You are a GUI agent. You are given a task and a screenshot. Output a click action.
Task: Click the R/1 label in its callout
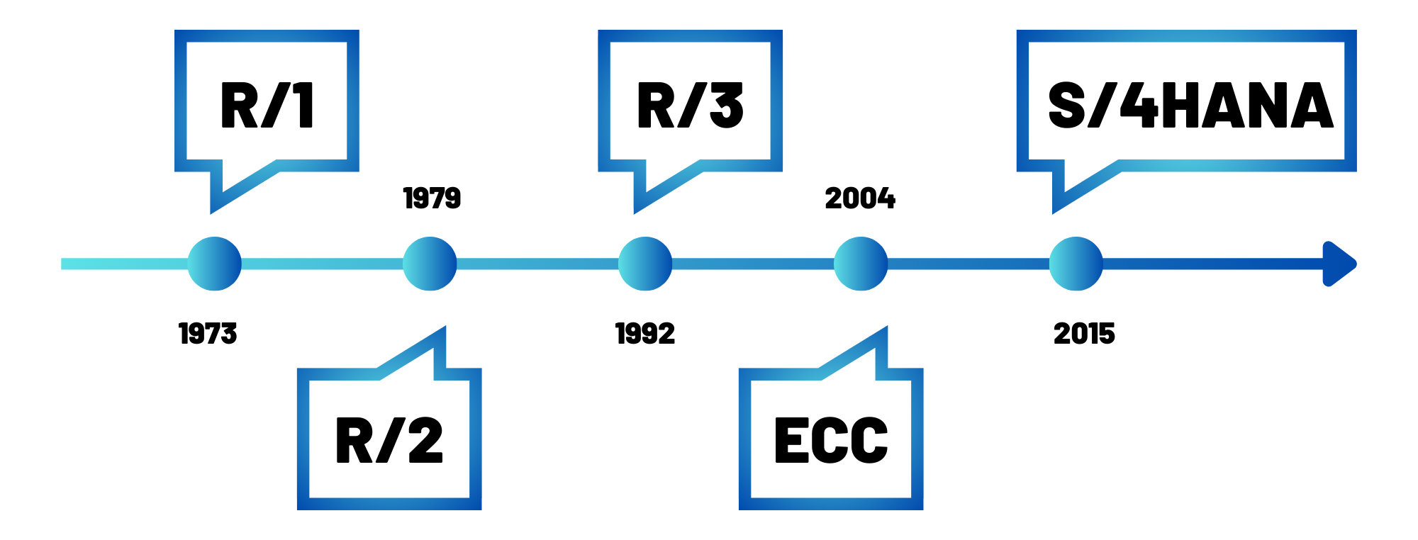pyautogui.click(x=267, y=105)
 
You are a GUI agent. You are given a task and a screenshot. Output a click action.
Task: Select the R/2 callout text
pyautogui.click(x=389, y=440)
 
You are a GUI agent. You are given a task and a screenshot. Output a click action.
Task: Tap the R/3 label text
pyautogui.click(x=691, y=105)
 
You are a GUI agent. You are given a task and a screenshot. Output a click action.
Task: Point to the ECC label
pyautogui.click(x=831, y=440)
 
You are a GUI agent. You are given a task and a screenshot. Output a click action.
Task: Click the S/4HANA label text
pyautogui.click(x=1190, y=105)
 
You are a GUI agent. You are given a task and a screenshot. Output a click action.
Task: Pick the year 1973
pyautogui.click(x=208, y=334)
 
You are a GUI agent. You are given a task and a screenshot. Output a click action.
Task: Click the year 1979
pyautogui.click(x=432, y=198)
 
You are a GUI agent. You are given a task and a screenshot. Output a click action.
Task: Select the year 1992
pyautogui.click(x=645, y=334)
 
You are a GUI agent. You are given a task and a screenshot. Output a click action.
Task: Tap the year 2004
pyautogui.click(x=860, y=198)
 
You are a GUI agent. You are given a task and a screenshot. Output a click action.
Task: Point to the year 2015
pyautogui.click(x=1084, y=334)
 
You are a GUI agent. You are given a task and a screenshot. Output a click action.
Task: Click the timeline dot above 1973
pyautogui.click(x=214, y=264)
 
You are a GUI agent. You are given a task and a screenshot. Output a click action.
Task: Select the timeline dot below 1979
pyautogui.click(x=430, y=264)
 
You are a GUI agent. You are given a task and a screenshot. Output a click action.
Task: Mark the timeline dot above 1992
pyautogui.click(x=645, y=264)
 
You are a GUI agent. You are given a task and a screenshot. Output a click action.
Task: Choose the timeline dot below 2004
pyautogui.click(x=861, y=264)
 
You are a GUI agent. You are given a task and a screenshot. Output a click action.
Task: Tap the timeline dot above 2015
pyautogui.click(x=1076, y=264)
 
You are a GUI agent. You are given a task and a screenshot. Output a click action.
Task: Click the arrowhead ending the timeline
pyautogui.click(x=1339, y=264)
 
